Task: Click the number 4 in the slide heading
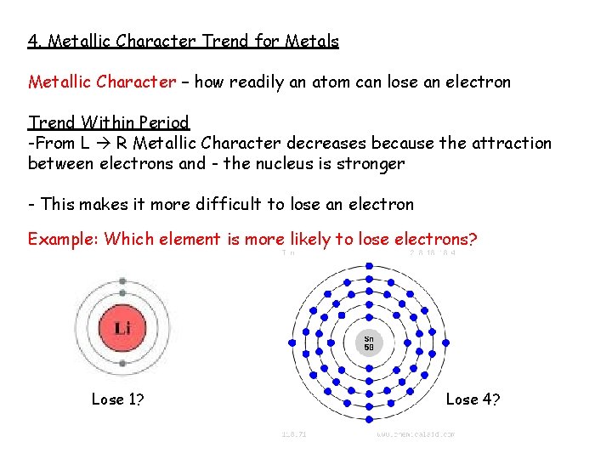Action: [32, 41]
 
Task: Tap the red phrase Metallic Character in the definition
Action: [102, 82]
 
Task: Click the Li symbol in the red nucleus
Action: [122, 327]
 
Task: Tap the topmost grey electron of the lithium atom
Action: [122, 280]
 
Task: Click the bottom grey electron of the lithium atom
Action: [122, 365]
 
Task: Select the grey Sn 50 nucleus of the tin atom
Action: [369, 343]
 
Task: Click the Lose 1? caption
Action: [117, 399]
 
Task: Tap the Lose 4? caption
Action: [473, 399]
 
